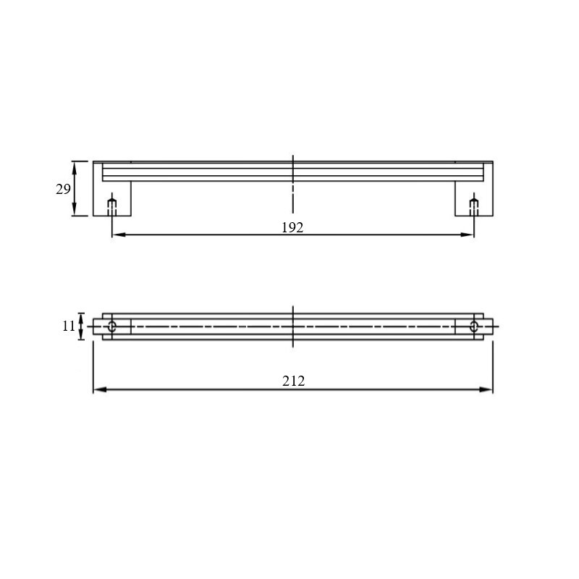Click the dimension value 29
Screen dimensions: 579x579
pyautogui.click(x=63, y=189)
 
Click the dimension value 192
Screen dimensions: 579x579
pyautogui.click(x=292, y=227)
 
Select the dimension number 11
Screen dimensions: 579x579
pyautogui.click(x=69, y=326)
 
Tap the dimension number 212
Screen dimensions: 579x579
pyautogui.click(x=294, y=381)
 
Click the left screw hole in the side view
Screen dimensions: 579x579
pyautogui.click(x=112, y=207)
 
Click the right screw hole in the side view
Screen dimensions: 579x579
pyautogui.click(x=474, y=207)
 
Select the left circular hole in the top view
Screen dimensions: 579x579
pyautogui.click(x=112, y=326)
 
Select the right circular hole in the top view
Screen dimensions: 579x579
pyautogui.click(x=474, y=326)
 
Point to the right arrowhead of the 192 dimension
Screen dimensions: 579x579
pyautogui.click(x=467, y=234)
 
